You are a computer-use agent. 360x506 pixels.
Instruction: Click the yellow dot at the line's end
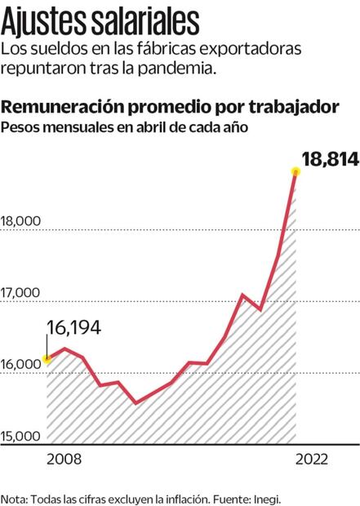point(295,171)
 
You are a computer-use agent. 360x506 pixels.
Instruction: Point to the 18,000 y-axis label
point(21,221)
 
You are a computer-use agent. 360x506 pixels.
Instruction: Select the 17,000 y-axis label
point(21,292)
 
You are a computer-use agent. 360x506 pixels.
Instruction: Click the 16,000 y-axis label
point(21,365)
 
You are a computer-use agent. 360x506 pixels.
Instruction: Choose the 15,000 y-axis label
point(21,436)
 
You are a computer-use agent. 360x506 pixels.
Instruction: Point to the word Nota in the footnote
point(14,497)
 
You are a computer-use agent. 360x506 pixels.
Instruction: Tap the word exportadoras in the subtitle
point(246,51)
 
